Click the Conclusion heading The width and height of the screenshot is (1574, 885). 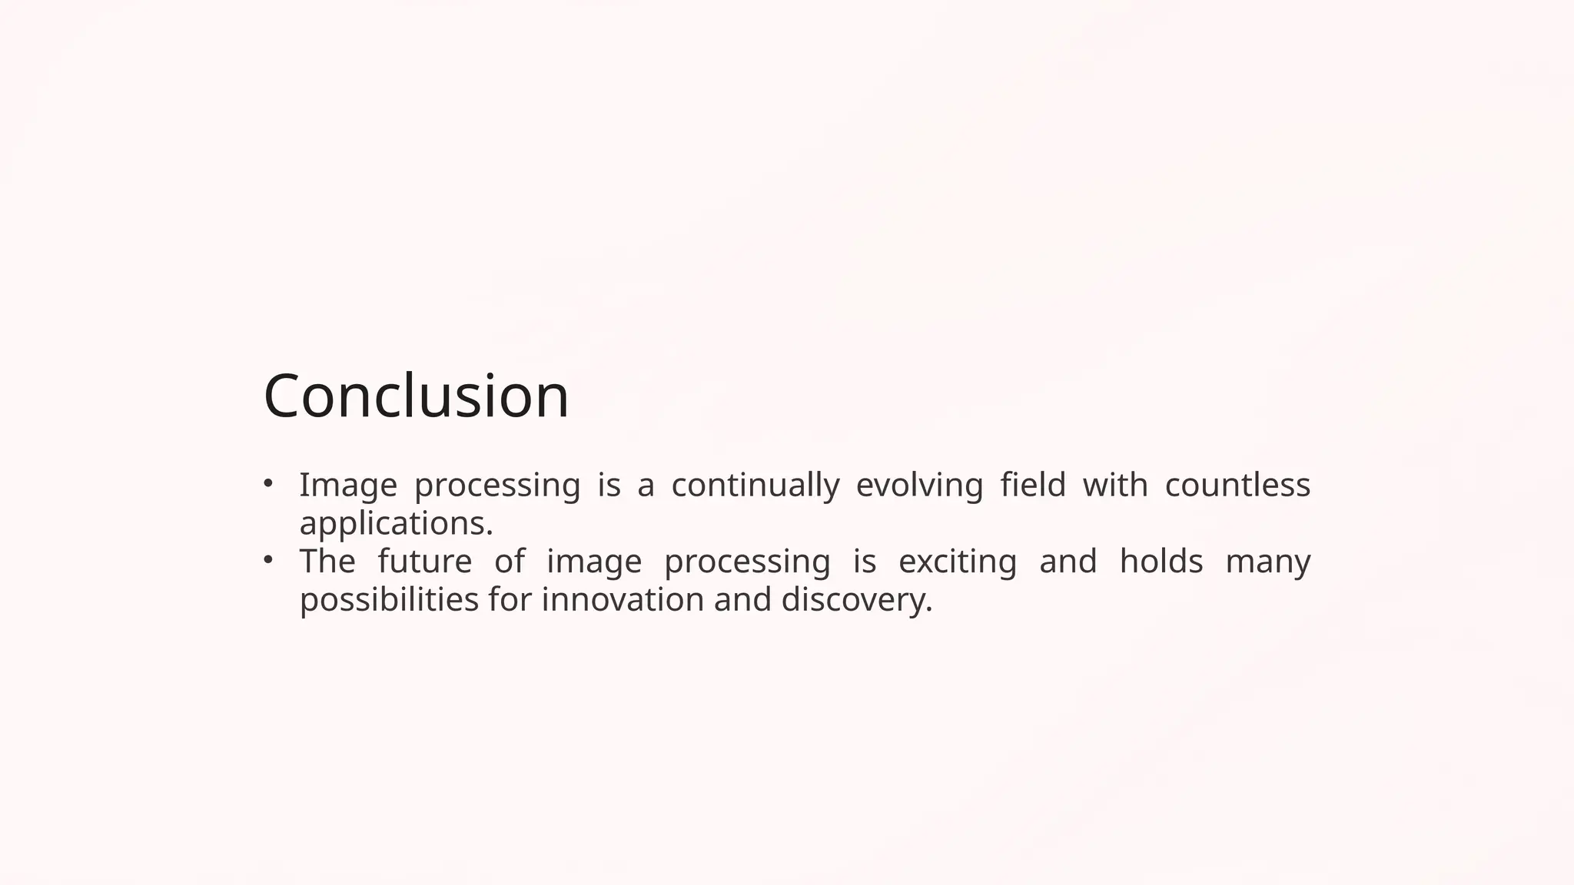(416, 396)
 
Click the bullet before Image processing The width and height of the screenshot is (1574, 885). (267, 483)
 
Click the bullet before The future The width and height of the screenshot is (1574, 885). (267, 560)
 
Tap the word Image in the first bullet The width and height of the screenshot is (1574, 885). (347, 486)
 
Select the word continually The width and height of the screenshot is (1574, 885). (755, 486)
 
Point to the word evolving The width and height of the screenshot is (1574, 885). (919, 486)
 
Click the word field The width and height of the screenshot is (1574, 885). (1032, 485)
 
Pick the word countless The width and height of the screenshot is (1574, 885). (1237, 485)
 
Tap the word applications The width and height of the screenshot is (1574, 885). (395, 525)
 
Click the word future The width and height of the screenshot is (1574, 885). (424, 562)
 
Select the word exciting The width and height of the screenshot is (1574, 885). (957, 562)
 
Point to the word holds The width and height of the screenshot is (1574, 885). (1161, 561)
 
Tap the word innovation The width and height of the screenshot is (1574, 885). (623, 599)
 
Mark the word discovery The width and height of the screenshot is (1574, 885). (855, 600)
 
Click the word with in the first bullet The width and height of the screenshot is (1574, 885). (1114, 485)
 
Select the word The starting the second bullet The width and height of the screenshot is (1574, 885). (327, 561)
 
